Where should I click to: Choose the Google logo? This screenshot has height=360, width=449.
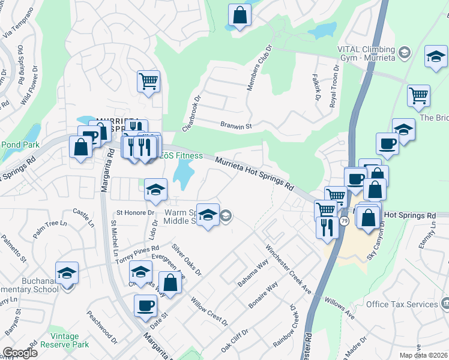pos(20,353)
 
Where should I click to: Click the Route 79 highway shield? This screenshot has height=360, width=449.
pos(344,221)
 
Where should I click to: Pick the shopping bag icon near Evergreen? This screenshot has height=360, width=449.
pos(170,283)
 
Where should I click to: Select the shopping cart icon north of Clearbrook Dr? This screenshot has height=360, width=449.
pos(148,80)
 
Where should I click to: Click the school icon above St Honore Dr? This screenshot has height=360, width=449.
pos(155,190)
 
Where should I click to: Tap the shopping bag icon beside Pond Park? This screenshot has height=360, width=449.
pos(80,148)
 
